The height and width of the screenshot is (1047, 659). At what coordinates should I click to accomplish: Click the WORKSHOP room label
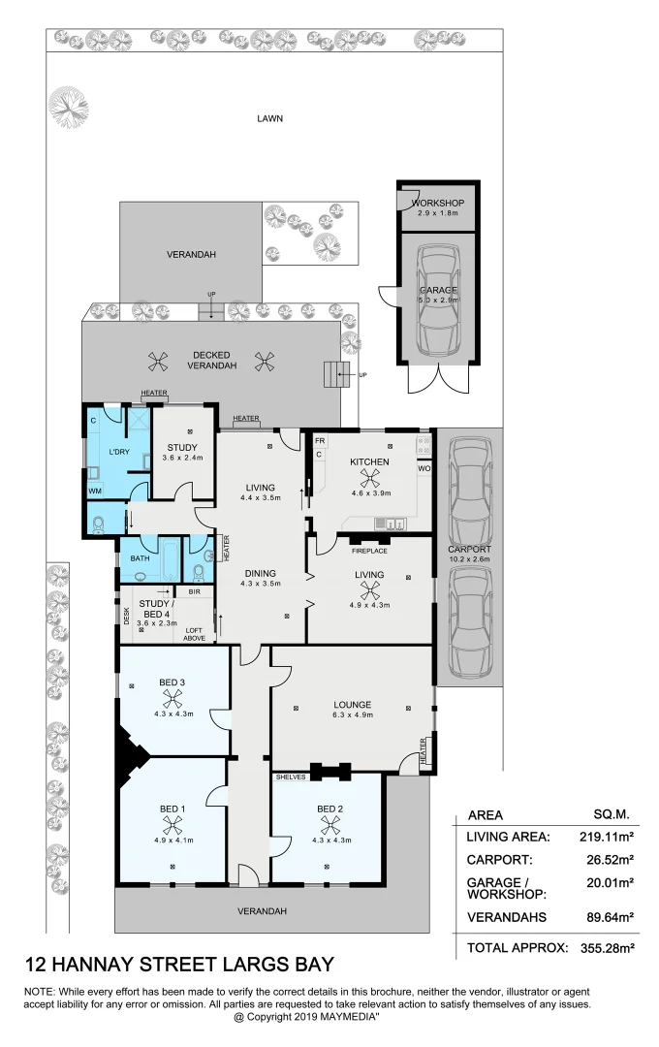tap(438, 203)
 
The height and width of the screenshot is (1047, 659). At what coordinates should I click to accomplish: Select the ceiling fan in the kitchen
tap(369, 477)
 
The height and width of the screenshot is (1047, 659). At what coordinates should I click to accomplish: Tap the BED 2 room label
tap(329, 809)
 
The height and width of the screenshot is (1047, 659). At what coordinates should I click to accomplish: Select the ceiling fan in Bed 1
tap(173, 825)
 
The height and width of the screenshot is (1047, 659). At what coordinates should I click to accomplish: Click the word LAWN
tap(269, 118)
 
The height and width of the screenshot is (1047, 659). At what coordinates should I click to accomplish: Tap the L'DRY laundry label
tap(119, 452)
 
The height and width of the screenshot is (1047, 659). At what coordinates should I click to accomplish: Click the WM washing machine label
tap(95, 492)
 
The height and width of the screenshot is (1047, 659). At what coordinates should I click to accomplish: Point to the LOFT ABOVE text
tap(194, 632)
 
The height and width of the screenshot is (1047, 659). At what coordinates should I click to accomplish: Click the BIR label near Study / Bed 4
tap(194, 590)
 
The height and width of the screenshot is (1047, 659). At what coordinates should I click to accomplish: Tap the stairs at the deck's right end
tap(335, 373)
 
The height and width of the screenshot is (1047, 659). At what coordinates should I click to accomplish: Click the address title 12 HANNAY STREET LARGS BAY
tap(178, 965)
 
